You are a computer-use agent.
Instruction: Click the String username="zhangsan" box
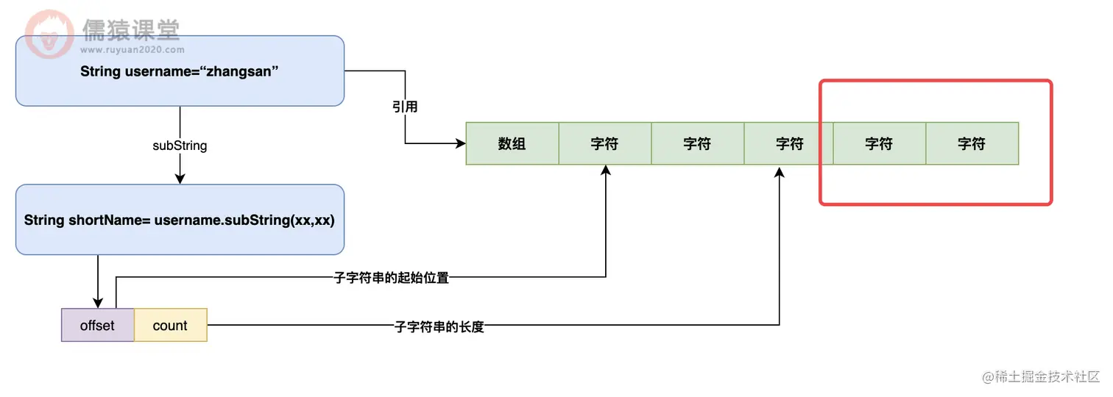pos(180,71)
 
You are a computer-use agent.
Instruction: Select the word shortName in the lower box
pos(110,221)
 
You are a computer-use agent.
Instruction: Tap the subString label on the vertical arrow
pos(180,146)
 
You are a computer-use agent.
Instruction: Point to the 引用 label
pos(405,107)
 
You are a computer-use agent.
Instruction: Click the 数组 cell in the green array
pos(512,144)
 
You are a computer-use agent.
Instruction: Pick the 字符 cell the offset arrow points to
pos(605,144)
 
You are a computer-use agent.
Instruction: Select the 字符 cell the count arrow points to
pos(789,144)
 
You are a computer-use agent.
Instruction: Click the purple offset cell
pos(97,326)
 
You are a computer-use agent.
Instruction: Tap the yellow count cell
pos(170,326)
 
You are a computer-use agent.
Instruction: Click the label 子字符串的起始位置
pos(391,278)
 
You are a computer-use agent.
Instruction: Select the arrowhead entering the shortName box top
pos(180,179)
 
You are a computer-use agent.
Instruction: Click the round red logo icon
pos(49,35)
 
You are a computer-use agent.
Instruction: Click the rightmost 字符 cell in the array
pos(972,144)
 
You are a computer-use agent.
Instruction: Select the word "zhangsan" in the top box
pos(241,71)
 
